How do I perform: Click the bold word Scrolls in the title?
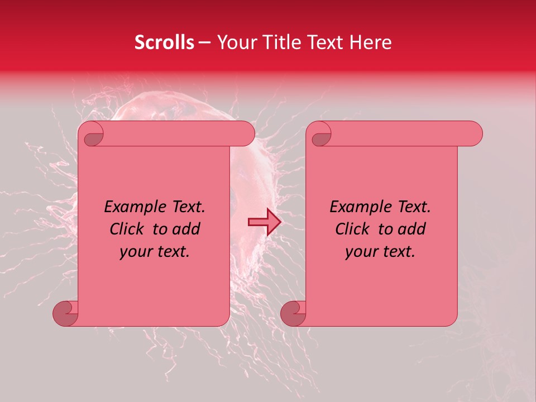click(x=164, y=42)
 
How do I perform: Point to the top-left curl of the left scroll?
click(x=92, y=134)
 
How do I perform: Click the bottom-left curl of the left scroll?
click(x=65, y=313)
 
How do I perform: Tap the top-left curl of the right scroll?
click(x=320, y=134)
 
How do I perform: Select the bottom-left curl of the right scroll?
click(x=293, y=313)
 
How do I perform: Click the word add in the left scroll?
click(x=186, y=229)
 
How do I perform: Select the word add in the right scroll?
click(x=412, y=229)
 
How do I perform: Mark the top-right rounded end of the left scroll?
click(x=246, y=134)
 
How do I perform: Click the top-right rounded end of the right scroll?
click(x=473, y=134)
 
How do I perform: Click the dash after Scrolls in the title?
click(x=204, y=42)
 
